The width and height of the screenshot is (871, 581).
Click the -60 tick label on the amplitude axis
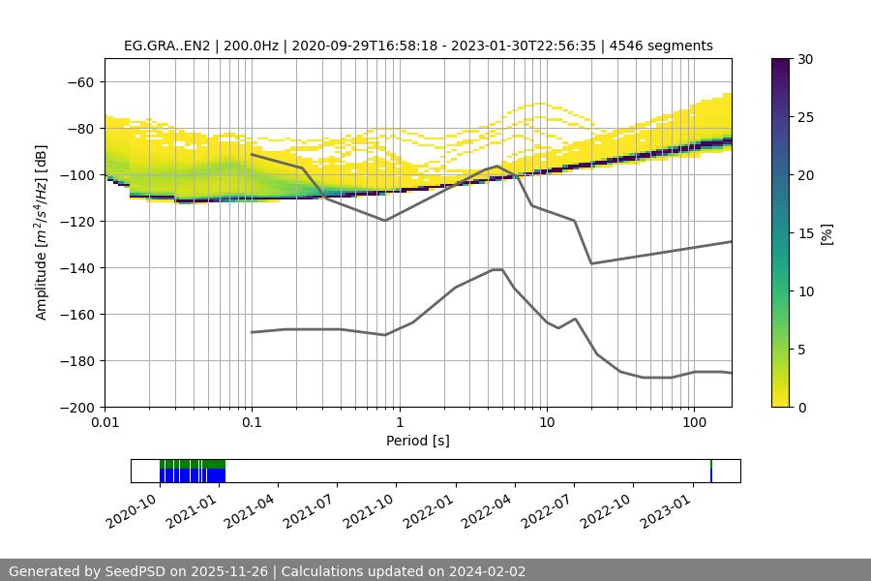click(x=79, y=81)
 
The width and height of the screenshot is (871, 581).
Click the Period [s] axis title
click(x=418, y=441)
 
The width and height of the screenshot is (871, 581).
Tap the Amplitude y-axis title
click(x=42, y=233)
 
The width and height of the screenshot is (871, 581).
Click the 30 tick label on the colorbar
click(x=805, y=59)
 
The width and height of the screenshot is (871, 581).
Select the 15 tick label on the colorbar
click(x=805, y=233)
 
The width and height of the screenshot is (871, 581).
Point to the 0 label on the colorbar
click(x=801, y=407)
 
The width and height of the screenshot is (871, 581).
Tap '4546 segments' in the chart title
click(x=662, y=46)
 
